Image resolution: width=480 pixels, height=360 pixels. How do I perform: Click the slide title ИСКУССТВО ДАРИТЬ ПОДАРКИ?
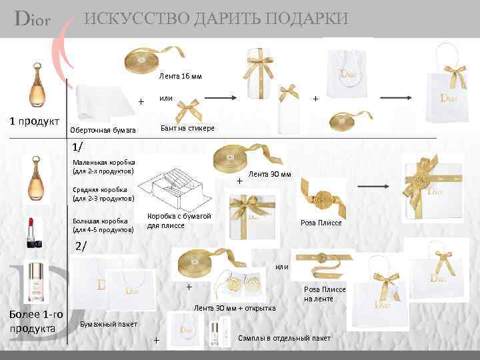point(215,19)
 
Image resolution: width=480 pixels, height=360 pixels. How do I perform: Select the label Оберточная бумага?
point(103,130)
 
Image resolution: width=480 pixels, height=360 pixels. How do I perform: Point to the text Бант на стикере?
point(188,127)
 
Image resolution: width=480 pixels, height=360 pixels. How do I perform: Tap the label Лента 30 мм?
point(269,174)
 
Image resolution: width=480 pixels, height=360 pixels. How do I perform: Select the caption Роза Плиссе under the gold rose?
point(321,223)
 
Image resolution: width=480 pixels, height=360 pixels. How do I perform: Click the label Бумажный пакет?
point(109,324)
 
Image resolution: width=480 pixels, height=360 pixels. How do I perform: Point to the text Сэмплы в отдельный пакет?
point(284,338)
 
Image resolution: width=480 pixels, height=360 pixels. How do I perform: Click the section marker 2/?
point(81,245)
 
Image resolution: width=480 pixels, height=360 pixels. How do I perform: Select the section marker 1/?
point(78,147)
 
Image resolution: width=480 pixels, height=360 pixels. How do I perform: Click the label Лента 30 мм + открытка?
point(234,308)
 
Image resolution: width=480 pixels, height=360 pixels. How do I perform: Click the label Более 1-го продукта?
point(32,321)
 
